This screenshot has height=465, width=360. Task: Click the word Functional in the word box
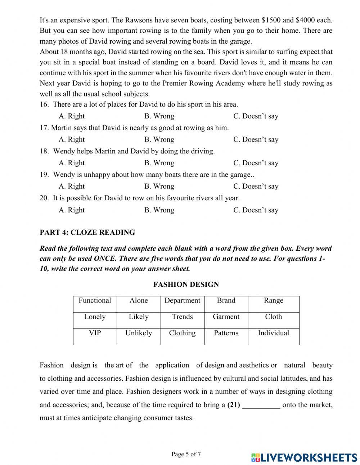(x=95, y=300)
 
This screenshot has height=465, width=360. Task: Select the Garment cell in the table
(x=226, y=317)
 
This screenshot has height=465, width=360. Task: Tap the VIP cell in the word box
(x=95, y=333)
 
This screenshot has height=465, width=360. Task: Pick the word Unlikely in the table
(x=138, y=333)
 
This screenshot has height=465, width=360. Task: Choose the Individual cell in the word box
(x=273, y=333)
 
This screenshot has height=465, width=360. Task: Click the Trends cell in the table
(x=182, y=317)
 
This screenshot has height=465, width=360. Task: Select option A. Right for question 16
(x=72, y=116)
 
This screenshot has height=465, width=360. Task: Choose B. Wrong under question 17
(x=159, y=139)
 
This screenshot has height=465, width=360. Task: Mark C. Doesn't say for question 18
(x=256, y=163)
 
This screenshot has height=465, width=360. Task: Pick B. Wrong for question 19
(x=159, y=186)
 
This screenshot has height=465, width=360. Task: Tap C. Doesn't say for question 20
(x=256, y=210)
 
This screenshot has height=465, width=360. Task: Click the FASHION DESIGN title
(x=186, y=285)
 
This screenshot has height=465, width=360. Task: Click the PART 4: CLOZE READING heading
(x=87, y=232)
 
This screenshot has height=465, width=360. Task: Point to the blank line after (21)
(x=261, y=405)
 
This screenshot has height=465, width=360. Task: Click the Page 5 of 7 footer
(x=186, y=454)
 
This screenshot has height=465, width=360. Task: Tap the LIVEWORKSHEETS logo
(x=304, y=457)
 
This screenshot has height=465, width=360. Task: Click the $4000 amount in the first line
(x=305, y=20)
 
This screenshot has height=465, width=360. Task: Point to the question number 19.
(x=44, y=175)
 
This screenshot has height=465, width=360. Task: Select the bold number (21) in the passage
(x=234, y=405)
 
